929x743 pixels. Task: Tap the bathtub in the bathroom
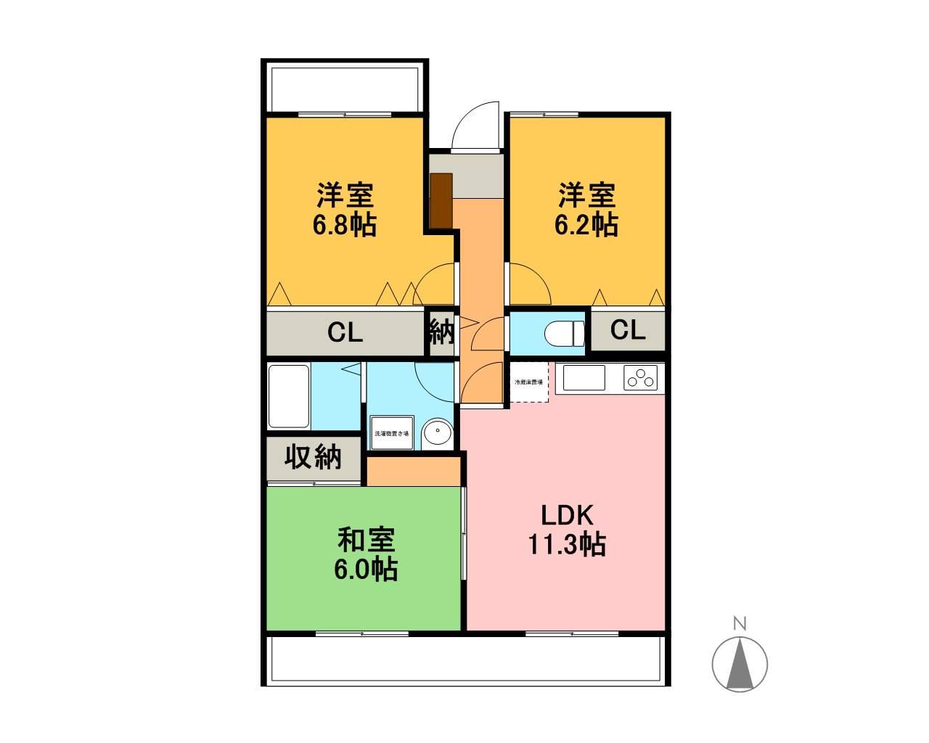289,396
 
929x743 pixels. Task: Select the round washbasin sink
437,433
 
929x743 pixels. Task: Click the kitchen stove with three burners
641,378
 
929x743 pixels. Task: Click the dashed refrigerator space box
528,382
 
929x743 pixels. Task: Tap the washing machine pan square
391,433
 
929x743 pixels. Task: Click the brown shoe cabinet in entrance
441,200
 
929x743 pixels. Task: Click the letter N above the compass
740,623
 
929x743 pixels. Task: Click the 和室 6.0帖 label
366,554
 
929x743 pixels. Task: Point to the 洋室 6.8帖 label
344,210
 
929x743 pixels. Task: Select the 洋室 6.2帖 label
586,210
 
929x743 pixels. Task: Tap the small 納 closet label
441,332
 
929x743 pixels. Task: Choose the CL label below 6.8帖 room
345,332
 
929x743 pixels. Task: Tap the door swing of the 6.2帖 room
528,284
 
